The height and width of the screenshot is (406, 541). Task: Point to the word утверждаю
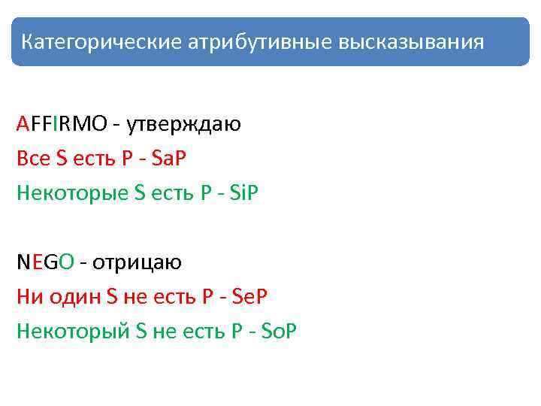183,123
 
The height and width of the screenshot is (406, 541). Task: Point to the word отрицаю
138,262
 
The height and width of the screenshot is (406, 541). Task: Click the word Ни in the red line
28,296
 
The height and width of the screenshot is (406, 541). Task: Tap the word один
74,296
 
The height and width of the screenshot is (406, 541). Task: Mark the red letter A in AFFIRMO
23,123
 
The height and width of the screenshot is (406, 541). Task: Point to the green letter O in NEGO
66,262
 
